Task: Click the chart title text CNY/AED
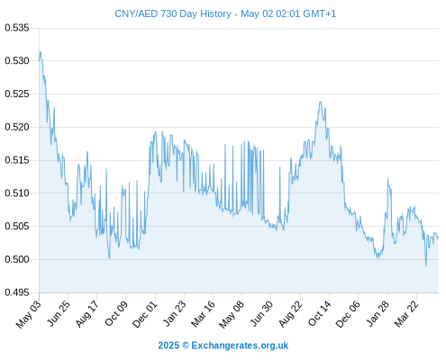point(136,13)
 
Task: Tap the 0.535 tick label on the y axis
point(17,28)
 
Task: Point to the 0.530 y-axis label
point(17,61)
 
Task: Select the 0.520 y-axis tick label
point(17,127)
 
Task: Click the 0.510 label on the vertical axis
point(17,193)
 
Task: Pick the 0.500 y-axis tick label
point(17,259)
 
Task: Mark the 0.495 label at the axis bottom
point(17,292)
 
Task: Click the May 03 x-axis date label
point(28,314)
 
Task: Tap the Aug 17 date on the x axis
point(87,314)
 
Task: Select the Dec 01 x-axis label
point(145,314)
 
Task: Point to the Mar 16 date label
point(203,314)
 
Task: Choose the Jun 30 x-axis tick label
point(261,314)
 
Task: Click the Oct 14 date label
point(320,314)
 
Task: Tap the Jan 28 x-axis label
point(378,314)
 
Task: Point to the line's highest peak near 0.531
point(40,51)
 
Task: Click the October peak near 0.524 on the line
point(321,102)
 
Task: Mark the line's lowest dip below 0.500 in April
point(426,265)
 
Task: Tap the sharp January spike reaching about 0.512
point(387,179)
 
